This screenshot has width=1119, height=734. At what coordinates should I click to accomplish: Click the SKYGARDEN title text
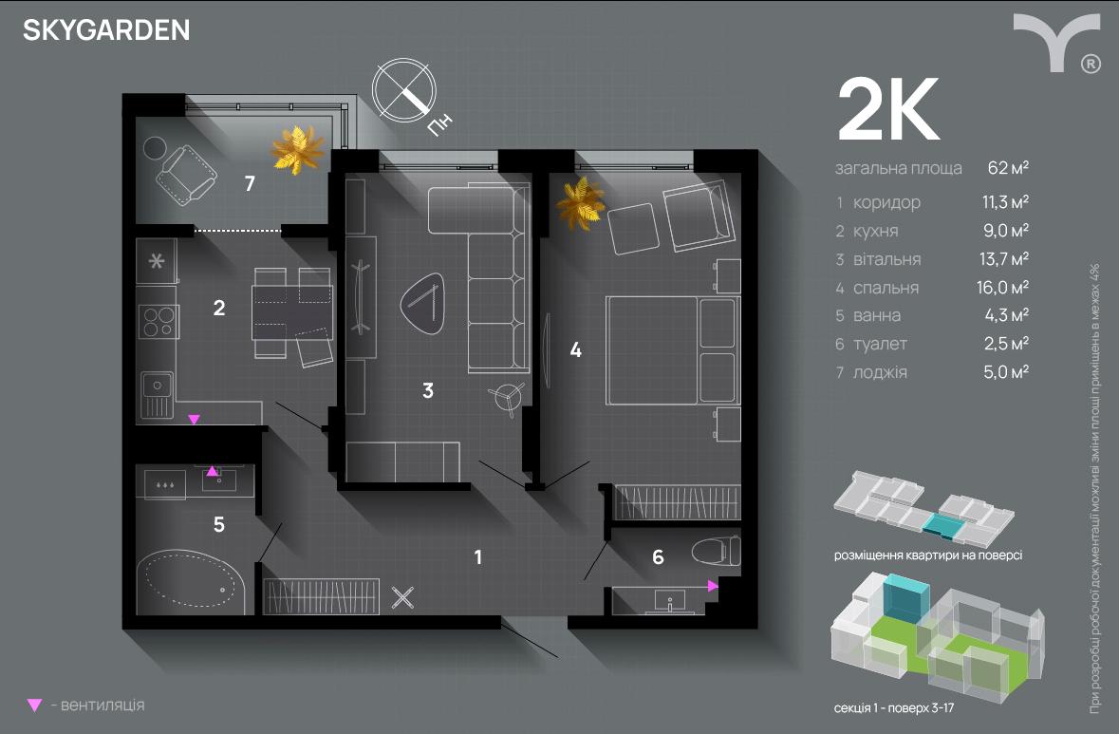[106, 30]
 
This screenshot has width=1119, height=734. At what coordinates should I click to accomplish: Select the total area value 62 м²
[1008, 168]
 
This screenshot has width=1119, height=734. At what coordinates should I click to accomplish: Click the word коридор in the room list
[886, 202]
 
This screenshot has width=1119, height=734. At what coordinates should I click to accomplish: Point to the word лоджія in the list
[880, 372]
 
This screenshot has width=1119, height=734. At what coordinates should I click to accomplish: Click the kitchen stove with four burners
[159, 321]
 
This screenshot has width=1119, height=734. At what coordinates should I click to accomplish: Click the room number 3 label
[428, 389]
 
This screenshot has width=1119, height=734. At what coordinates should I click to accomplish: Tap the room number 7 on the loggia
[249, 184]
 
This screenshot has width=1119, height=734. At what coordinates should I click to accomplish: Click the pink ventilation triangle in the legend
[35, 706]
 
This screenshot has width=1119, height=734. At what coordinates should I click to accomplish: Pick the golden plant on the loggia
[298, 149]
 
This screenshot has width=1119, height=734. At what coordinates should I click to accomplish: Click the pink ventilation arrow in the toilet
[712, 587]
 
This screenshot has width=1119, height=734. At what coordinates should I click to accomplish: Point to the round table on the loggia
[154, 147]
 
